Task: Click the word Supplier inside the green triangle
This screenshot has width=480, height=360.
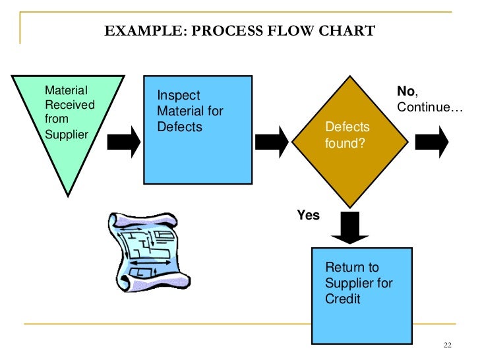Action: [66, 135]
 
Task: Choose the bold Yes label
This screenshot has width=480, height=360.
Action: [308, 216]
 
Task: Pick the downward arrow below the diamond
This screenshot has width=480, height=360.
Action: [350, 226]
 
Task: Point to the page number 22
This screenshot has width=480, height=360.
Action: [449, 345]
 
